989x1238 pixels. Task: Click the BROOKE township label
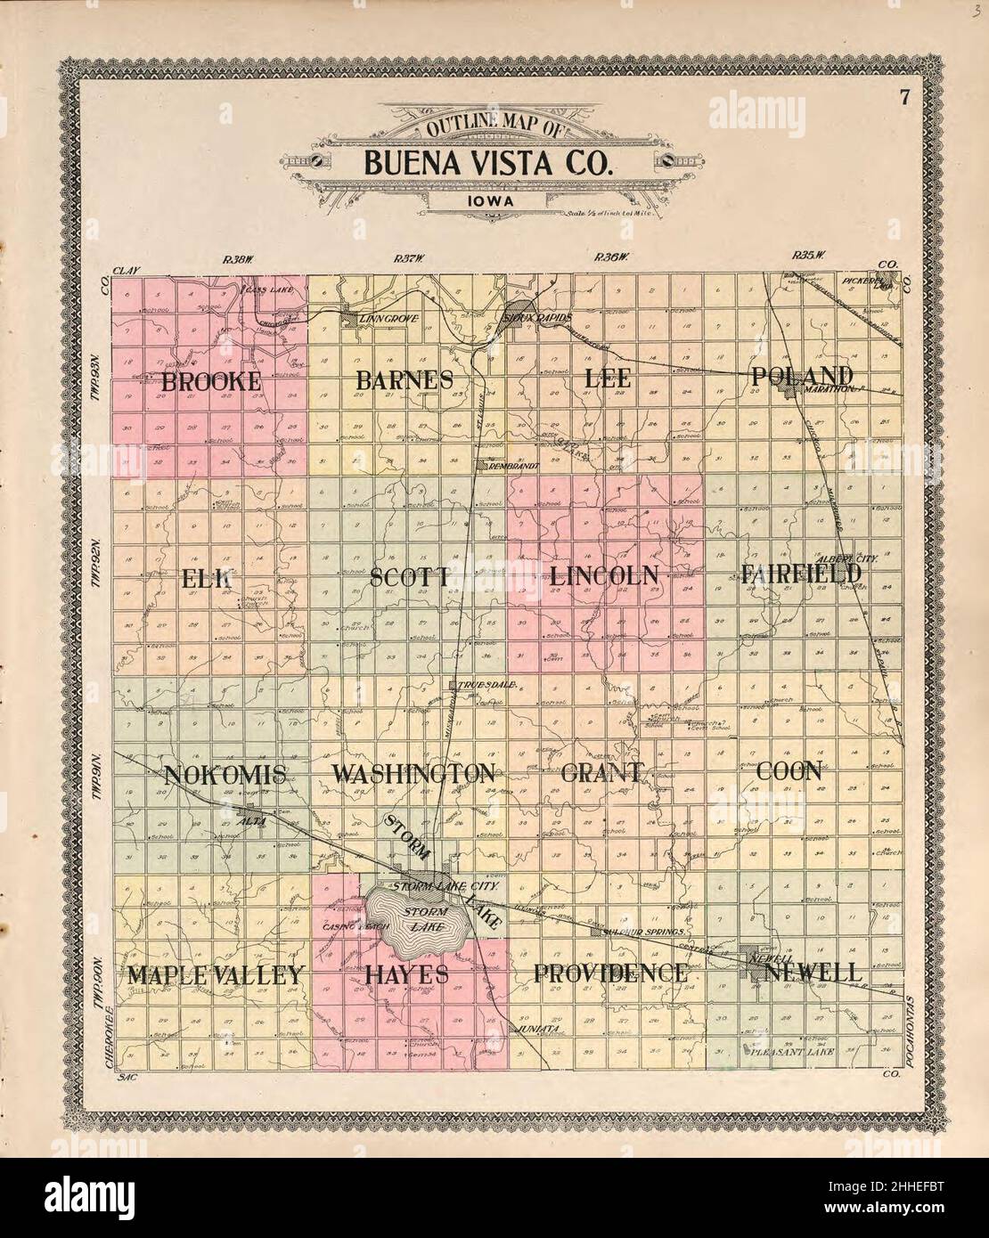[211, 381]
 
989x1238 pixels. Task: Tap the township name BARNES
[405, 379]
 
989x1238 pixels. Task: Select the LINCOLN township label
[604, 575]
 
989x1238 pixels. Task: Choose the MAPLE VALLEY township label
[216, 974]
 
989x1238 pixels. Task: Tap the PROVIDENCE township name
[610, 973]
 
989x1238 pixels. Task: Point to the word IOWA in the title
[486, 201]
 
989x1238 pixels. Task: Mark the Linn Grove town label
[388, 318]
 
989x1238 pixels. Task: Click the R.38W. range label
[238, 259]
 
